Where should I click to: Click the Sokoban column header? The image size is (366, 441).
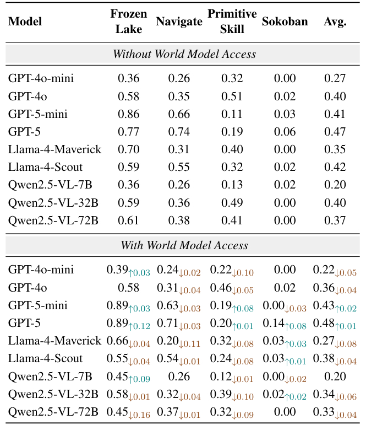coord(285,22)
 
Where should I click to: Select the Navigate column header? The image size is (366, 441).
coord(179,22)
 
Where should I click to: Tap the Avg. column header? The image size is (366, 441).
coord(335,22)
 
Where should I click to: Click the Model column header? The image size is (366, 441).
coord(25,22)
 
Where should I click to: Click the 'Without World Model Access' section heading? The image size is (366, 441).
coord(184,54)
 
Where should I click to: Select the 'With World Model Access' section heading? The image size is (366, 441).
coord(184,245)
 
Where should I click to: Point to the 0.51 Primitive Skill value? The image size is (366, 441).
coord(232,96)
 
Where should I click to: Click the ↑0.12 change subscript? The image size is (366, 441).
coord(139,326)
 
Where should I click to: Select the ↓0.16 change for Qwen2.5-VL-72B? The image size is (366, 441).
coord(139,415)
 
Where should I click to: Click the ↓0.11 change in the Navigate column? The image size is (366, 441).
coord(190,344)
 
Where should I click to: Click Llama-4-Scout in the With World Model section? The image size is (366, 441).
coord(45,358)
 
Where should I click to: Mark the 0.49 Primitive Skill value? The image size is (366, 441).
coord(232,203)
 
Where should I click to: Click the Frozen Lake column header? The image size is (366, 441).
coord(128,22)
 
